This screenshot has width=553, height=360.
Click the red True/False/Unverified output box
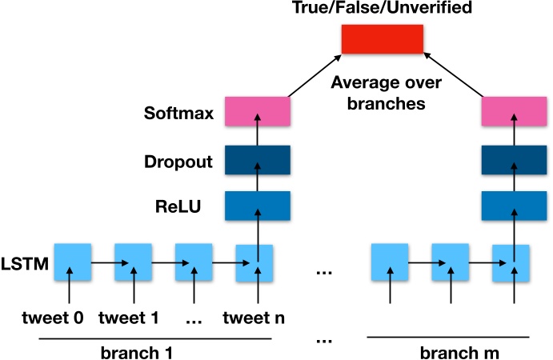point(383,39)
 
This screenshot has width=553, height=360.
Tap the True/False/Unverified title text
point(383,10)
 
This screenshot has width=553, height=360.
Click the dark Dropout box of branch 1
point(256,160)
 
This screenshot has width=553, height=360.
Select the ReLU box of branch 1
point(256,206)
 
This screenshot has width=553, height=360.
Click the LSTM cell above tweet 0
point(73,262)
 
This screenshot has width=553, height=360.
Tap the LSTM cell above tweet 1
point(133,262)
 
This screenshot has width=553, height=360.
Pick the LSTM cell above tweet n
point(255,262)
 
